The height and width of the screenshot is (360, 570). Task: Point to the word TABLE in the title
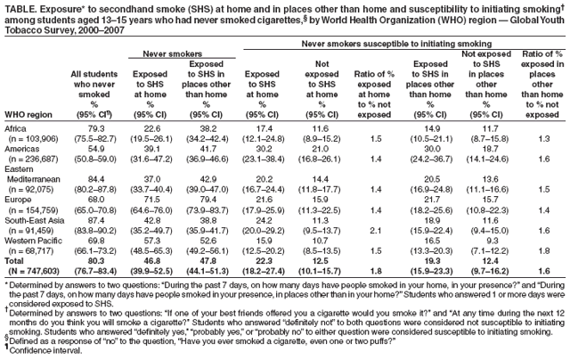(17, 6)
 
